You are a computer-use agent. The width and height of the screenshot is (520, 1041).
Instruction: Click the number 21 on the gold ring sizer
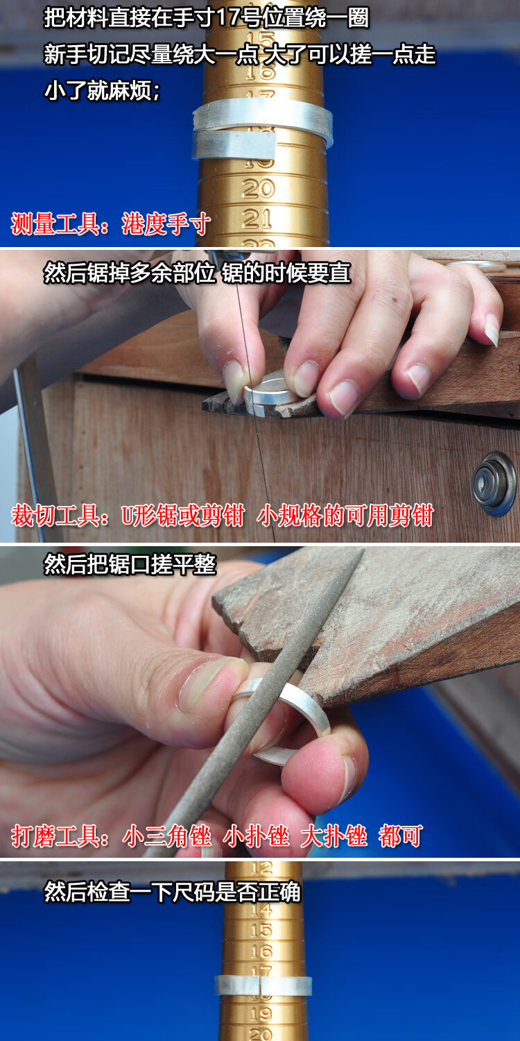[257, 219]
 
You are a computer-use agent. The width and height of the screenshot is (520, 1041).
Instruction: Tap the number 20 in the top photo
[258, 189]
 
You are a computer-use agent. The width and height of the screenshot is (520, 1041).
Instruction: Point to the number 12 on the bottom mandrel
[261, 867]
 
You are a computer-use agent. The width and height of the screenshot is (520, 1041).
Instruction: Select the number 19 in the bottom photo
[261, 1013]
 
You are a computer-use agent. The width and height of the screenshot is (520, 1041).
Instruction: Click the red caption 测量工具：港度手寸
[111, 224]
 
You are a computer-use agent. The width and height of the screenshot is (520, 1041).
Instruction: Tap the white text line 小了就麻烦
[102, 90]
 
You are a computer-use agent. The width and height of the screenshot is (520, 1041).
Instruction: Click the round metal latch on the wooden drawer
[494, 483]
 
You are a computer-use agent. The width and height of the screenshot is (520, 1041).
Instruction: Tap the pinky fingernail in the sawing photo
[492, 329]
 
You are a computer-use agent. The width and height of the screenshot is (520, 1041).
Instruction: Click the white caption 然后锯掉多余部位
[129, 273]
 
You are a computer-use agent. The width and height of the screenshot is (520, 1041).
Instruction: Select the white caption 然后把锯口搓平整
[130, 565]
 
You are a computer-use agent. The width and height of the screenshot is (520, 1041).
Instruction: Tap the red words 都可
[400, 836]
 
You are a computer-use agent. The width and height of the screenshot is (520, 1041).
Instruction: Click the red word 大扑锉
[333, 836]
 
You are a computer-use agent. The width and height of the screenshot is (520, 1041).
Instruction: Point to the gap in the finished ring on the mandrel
[259, 985]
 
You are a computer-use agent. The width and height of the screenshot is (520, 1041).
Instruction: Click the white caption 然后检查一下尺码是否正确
[172, 891]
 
